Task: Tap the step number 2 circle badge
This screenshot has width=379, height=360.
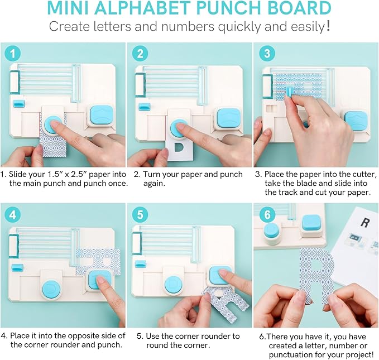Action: coord(140,54)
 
